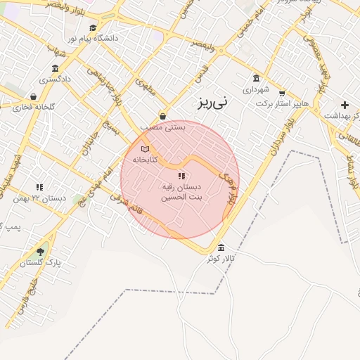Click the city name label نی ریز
coord(212,103)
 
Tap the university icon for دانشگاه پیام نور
coord(93,28)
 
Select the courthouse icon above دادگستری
coord(56,68)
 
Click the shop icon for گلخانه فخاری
coord(33,96)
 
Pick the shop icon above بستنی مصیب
coord(163,116)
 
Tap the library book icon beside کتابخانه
coord(146,149)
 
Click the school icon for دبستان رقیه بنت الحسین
coord(181,176)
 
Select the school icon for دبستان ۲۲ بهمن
coord(39,187)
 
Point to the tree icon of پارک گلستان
coord(40,251)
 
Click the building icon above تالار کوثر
coord(222,247)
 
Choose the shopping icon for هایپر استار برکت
coord(282,93)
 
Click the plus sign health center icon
coord(345,105)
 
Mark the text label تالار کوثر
coord(220,259)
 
